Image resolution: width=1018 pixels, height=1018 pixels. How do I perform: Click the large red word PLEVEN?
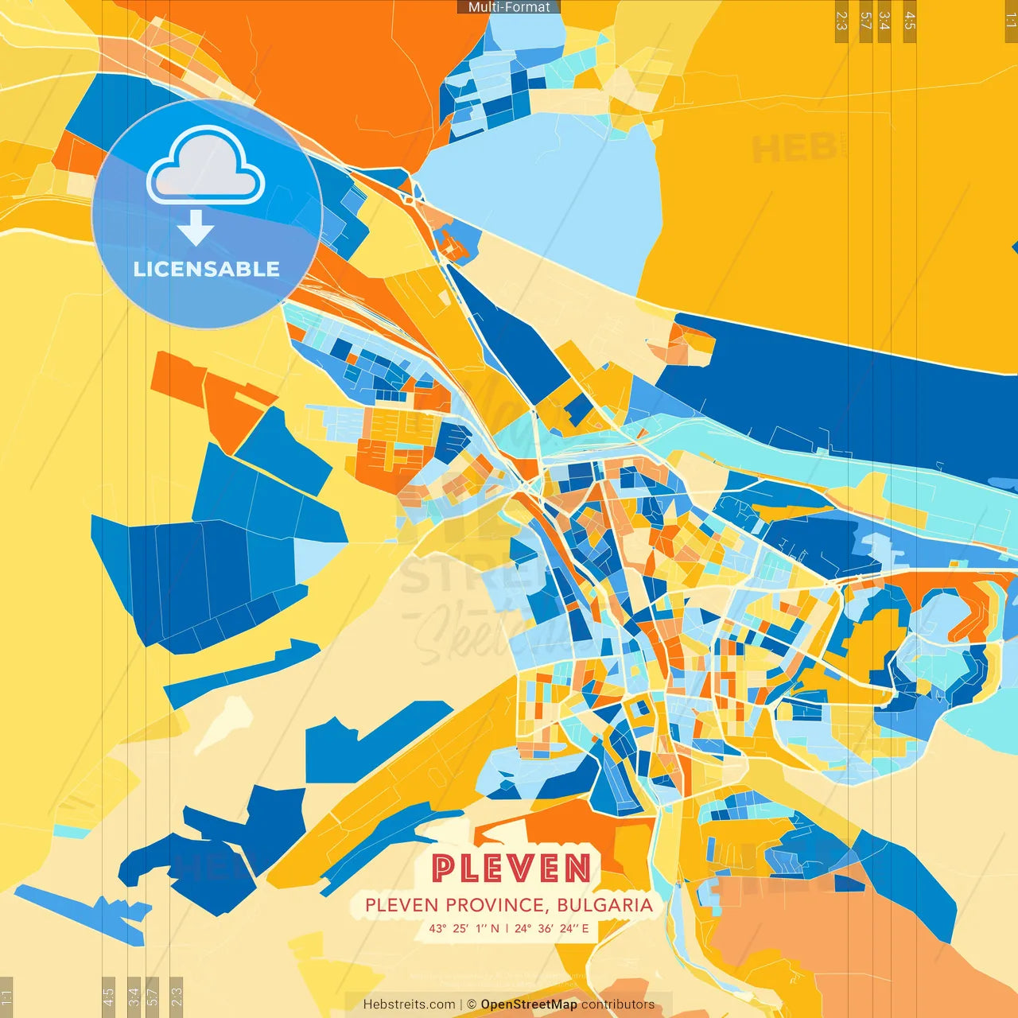point(511,868)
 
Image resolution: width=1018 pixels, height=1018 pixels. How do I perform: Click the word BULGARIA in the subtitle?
point(604,905)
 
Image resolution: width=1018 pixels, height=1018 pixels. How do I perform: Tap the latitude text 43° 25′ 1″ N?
point(464,928)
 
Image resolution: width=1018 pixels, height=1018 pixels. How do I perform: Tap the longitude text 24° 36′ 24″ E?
point(551,928)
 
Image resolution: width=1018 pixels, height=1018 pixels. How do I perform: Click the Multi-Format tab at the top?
point(509,7)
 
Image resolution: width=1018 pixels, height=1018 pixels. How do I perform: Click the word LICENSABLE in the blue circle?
point(207,269)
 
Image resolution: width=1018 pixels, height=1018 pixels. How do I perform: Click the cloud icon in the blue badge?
point(206,168)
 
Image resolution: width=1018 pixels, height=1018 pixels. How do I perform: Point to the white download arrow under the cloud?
point(196,228)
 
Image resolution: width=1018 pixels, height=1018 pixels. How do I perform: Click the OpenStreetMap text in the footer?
point(529,1004)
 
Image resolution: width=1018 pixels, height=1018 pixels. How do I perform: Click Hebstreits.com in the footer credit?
point(409,1004)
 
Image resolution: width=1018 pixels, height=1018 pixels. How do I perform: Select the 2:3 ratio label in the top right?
point(841,21)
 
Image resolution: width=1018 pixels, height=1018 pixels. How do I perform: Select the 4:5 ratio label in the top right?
point(910,21)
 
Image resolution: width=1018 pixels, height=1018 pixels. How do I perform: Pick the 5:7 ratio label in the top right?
point(865,21)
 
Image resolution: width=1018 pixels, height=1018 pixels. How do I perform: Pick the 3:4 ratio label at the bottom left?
point(134,997)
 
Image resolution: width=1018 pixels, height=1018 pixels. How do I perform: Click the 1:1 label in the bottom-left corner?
point(6,997)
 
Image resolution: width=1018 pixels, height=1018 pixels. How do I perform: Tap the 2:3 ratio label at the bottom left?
point(177,997)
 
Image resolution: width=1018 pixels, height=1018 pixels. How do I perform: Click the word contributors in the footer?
point(617,1004)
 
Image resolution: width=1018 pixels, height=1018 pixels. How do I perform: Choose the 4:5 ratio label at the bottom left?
point(109,997)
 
